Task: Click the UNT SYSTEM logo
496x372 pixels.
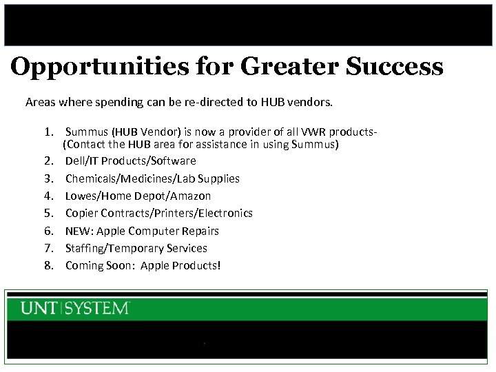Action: pos(75,308)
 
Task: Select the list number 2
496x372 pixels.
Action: pos(49,161)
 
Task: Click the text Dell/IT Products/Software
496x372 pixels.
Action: pos(130,161)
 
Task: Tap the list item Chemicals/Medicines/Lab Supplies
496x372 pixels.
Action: pos(152,178)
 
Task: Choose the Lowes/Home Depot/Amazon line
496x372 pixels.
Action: pos(138,196)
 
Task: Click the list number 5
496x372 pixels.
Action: pos(49,214)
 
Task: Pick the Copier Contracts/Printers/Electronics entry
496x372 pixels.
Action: pos(158,214)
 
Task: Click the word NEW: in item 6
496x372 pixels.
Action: pos(79,231)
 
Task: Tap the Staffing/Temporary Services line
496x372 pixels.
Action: pos(136,248)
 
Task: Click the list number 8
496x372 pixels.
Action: pos(49,266)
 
